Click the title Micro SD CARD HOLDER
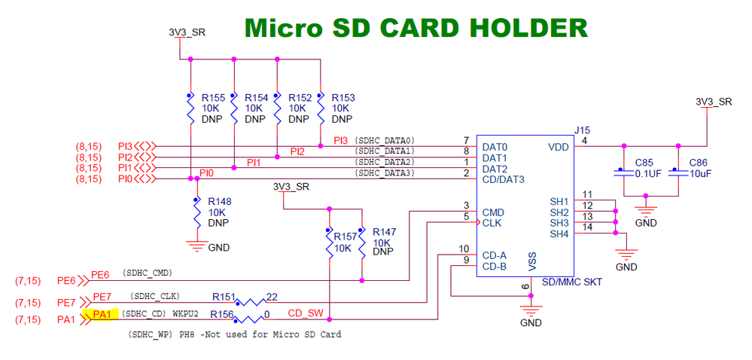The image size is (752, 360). coord(416,28)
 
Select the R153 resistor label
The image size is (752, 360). coord(343,98)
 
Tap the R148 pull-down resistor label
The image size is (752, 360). coord(219,202)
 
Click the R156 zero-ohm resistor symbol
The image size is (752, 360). coord(254,319)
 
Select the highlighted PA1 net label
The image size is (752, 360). coord(100,314)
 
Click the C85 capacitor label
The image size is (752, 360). coord(645,163)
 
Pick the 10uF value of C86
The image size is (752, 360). coord(699,173)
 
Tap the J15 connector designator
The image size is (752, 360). coord(581,130)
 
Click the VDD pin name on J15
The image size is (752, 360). coord(559,147)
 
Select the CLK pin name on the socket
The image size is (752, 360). coord(492,224)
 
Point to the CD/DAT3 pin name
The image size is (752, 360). coord(503,180)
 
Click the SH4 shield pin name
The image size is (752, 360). coord(559,234)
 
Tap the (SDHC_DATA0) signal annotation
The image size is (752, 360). coord(385,141)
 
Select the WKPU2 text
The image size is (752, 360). coord(185,313)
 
